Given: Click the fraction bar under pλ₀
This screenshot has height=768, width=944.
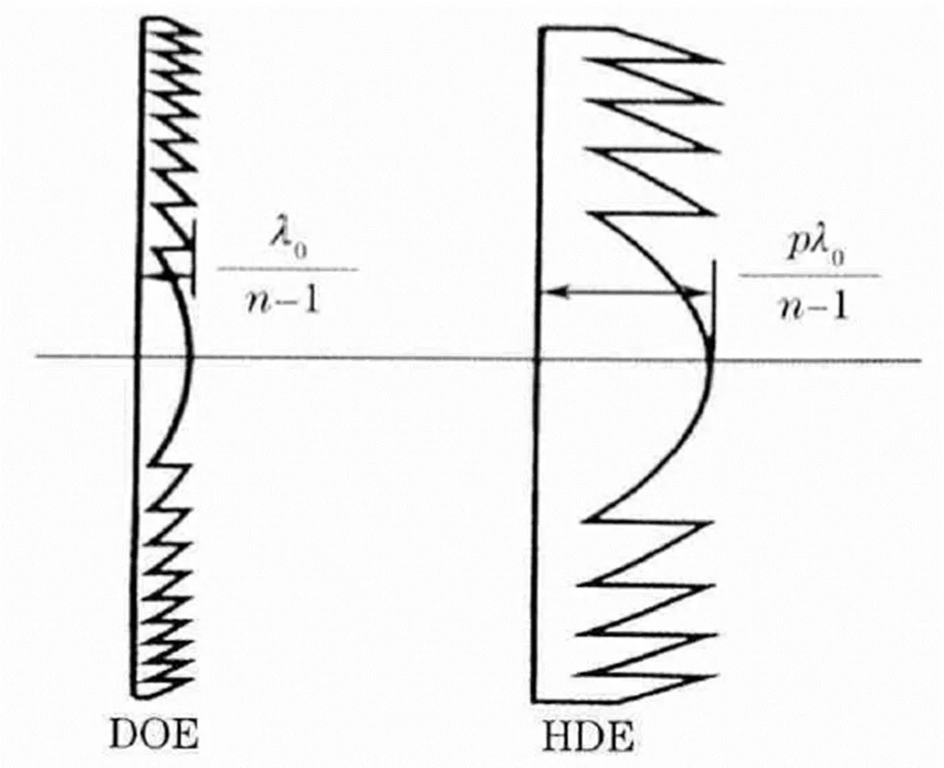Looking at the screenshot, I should [x=809, y=275].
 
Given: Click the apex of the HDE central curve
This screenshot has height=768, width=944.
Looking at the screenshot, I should [x=711, y=356].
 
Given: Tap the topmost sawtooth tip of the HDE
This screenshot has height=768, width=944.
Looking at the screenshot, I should [x=722, y=61].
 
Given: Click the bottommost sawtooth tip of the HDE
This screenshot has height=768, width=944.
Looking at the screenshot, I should [x=722, y=675].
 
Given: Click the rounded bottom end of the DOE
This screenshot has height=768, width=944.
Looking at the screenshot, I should [x=140, y=695].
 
